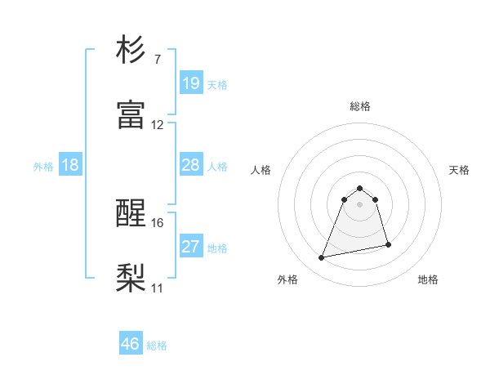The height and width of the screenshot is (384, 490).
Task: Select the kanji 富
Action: tap(131, 115)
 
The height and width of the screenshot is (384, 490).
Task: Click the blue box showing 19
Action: tap(191, 83)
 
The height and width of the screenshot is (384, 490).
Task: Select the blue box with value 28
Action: tap(191, 165)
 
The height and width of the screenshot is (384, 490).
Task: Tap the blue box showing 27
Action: tap(191, 247)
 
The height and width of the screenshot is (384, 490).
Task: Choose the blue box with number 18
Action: tap(70, 165)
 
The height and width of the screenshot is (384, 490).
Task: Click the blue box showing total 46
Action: tap(131, 344)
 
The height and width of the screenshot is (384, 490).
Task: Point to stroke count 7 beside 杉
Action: tap(157, 60)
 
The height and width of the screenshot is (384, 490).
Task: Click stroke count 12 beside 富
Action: tap(158, 125)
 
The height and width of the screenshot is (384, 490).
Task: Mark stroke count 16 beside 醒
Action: tap(158, 222)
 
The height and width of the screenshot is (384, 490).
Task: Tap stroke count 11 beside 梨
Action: tap(158, 288)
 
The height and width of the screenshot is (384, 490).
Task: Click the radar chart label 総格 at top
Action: tap(360, 106)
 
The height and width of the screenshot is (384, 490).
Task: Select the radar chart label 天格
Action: tap(460, 170)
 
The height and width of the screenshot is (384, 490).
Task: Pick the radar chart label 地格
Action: tap(428, 279)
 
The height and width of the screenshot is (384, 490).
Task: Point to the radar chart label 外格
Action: tap(287, 279)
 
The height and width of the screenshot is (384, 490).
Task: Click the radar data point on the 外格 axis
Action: tap(322, 258)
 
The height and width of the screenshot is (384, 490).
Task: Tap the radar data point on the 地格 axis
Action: tap(388, 244)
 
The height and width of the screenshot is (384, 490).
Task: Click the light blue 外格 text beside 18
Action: tap(43, 166)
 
